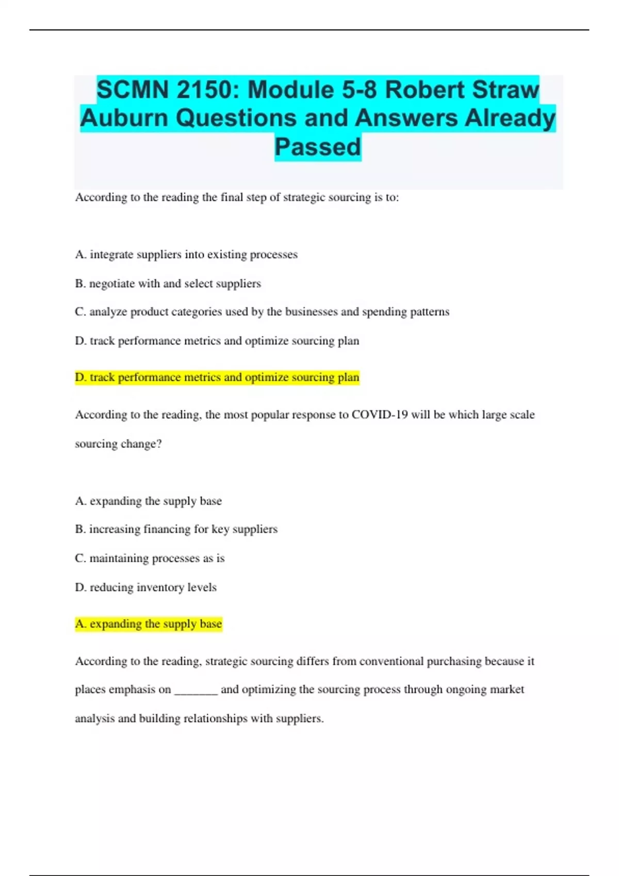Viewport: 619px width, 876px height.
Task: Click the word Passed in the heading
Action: click(x=318, y=147)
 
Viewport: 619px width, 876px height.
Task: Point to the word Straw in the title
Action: click(x=506, y=90)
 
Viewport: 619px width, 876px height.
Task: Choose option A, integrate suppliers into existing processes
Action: click(x=186, y=255)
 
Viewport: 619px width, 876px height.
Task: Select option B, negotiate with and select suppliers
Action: click(x=168, y=283)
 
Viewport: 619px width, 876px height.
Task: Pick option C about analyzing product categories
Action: click(x=262, y=312)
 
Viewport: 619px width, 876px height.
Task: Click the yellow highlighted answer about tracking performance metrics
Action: click(x=217, y=377)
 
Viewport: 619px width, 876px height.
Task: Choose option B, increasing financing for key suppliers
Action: click(x=176, y=529)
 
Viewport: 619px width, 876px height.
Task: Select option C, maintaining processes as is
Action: click(x=150, y=558)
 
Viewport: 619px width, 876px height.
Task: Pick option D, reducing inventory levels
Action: click(x=146, y=587)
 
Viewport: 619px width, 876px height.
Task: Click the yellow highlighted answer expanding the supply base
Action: click(x=149, y=624)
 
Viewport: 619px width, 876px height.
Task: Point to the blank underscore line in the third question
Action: click(x=196, y=690)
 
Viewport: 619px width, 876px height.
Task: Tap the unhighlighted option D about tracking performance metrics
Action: click(x=217, y=341)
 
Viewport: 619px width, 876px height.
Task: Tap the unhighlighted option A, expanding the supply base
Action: click(x=149, y=501)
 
